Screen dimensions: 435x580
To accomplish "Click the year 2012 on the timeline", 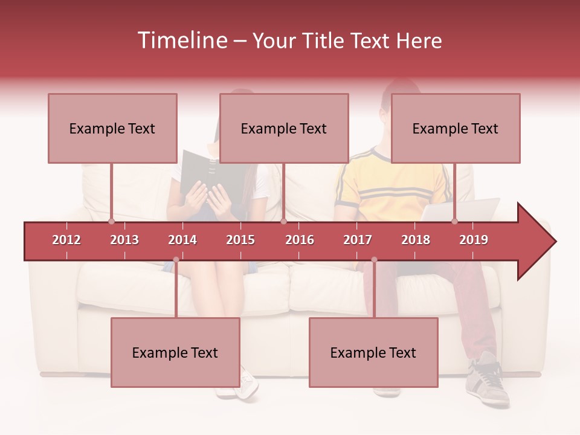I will pos(66,240).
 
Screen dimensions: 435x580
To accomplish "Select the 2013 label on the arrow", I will pos(124,240).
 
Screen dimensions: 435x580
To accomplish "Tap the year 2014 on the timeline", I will pos(182,240).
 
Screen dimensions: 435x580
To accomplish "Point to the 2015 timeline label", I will pos(240,240).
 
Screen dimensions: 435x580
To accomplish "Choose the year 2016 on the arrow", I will pos(300,240).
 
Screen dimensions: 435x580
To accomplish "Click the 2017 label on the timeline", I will pos(358,240).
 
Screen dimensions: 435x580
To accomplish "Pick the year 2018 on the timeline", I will pos(416,240).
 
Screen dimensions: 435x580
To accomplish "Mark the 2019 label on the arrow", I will pos(474,240).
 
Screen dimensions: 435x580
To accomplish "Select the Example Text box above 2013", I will pos(112,128).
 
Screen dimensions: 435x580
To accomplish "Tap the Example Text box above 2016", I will pos(284,128).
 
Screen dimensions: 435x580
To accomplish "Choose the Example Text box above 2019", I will pos(456,128).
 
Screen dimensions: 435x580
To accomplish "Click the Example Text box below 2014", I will pos(175,352).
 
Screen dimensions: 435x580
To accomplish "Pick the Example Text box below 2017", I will pos(373,352).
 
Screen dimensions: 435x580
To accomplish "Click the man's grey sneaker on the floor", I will pos(488,381).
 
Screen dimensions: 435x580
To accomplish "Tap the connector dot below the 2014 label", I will pos(176,259).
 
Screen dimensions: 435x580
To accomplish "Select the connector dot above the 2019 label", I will pos(454,221).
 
